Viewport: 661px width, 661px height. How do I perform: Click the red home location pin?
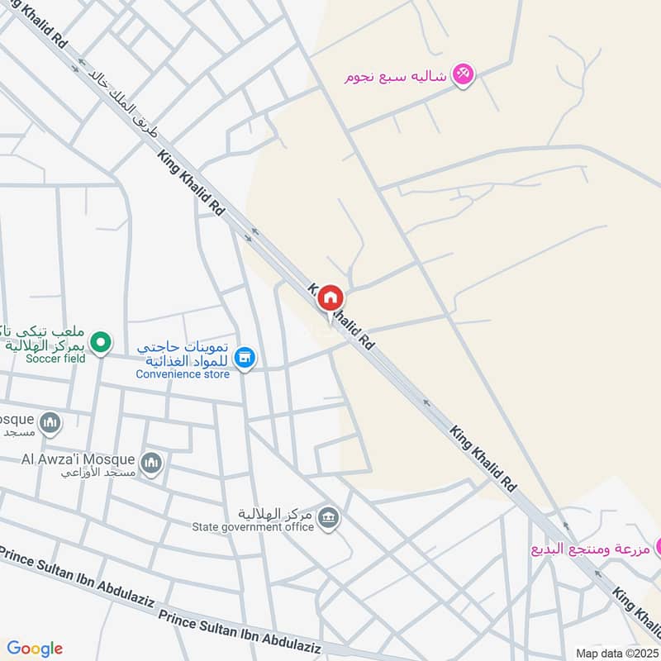(x=330, y=298)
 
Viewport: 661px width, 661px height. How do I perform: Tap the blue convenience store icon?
(x=245, y=359)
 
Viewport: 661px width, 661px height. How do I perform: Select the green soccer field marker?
(x=101, y=341)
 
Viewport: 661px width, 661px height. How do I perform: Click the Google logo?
(x=35, y=649)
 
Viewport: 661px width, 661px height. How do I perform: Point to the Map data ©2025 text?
(x=617, y=653)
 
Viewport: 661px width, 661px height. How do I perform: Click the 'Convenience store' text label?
(x=183, y=374)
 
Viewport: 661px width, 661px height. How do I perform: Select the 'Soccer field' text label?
(x=55, y=359)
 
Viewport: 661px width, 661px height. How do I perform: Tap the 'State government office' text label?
(x=253, y=527)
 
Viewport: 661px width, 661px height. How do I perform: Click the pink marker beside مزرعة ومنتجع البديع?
(x=659, y=546)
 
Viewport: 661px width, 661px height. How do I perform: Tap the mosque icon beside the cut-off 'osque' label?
(x=51, y=423)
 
